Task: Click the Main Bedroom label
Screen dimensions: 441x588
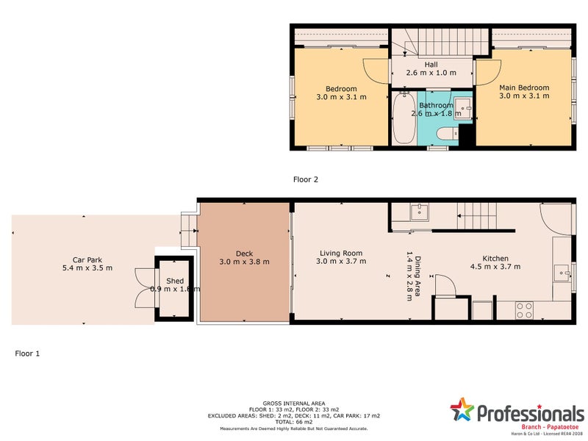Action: click(523, 88)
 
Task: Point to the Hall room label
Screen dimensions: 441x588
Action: click(431, 65)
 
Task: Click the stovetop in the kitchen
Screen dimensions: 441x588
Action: click(524, 310)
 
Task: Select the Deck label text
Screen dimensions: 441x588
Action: click(244, 254)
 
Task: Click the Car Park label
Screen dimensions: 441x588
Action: click(87, 259)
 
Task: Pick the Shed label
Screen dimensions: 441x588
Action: click(175, 281)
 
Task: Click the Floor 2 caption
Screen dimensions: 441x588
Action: click(305, 179)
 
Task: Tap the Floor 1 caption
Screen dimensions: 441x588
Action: click(27, 354)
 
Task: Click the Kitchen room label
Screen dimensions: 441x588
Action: click(495, 258)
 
